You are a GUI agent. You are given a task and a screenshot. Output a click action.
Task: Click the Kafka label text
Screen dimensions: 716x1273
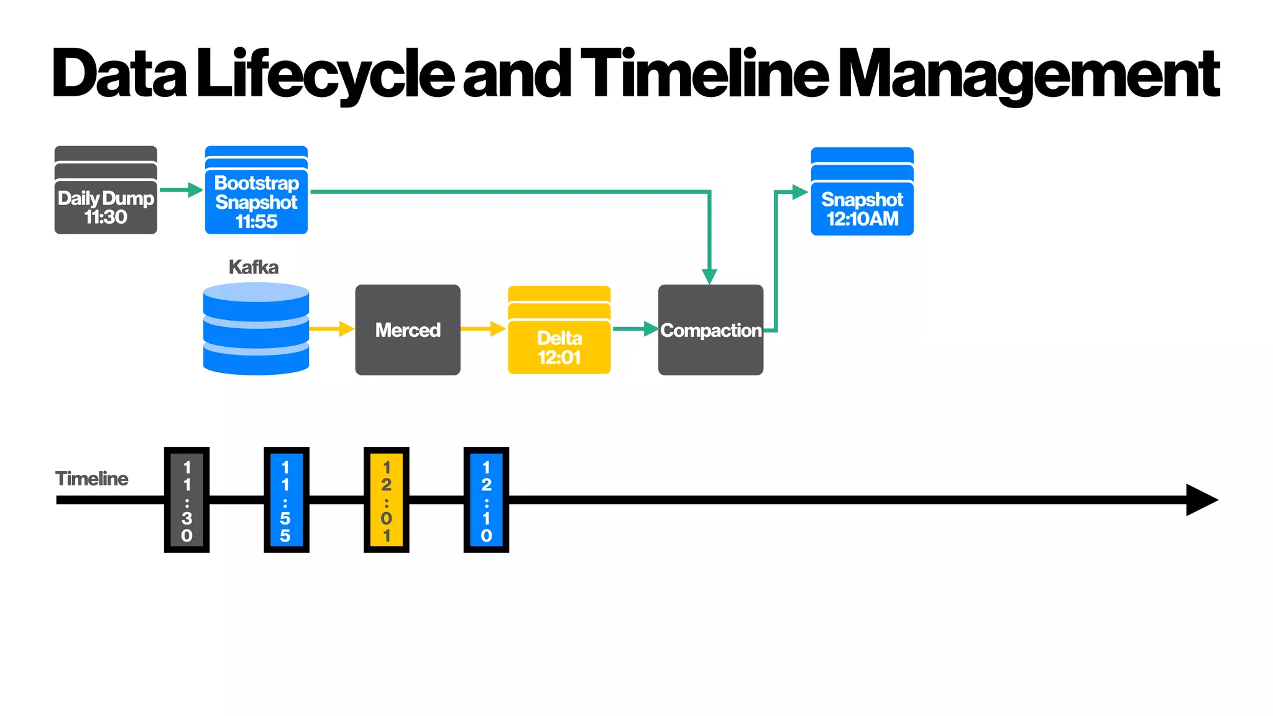pos(254,267)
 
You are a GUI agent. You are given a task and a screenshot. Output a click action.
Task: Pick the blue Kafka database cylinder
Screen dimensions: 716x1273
pos(256,329)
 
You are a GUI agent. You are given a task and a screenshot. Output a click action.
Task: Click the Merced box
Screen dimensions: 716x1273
pos(408,330)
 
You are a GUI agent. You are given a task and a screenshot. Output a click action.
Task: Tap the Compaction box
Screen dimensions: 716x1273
pos(710,330)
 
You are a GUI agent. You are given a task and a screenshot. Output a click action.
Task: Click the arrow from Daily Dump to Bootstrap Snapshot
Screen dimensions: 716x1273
pos(180,190)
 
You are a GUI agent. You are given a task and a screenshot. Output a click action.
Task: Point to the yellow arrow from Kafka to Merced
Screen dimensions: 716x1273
pos(331,329)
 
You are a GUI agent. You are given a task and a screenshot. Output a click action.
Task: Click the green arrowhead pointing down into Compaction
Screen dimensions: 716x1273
pos(709,276)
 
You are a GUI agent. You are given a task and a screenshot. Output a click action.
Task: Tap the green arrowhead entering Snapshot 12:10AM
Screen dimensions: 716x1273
pos(799,192)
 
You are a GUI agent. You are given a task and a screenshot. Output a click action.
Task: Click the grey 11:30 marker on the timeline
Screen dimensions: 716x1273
pos(186,500)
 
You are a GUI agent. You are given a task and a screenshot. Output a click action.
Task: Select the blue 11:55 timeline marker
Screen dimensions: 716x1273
pos(286,500)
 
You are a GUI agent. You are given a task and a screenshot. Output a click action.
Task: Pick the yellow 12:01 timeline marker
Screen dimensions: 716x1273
pos(386,500)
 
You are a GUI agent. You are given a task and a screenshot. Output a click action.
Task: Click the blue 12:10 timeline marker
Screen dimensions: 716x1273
pos(486,500)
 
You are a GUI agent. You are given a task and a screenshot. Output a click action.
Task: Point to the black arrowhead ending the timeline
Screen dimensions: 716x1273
pos(1200,500)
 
